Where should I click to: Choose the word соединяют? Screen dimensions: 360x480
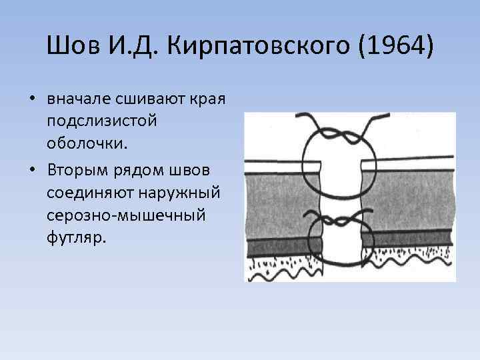[x=89, y=187]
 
